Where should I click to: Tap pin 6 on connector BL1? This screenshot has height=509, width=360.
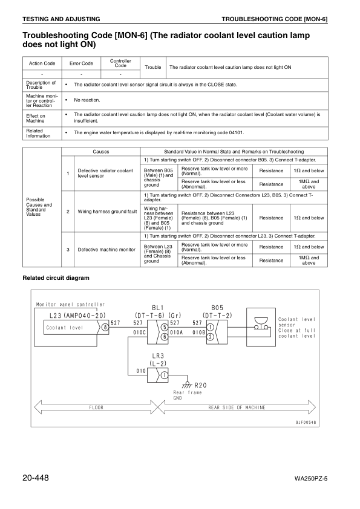[x=164, y=336]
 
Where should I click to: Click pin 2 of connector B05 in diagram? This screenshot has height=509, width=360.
[x=210, y=336]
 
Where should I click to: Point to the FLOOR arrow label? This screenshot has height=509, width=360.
[x=97, y=407]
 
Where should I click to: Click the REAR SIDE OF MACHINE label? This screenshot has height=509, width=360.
[x=237, y=407]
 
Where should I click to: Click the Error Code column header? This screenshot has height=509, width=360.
[x=81, y=63]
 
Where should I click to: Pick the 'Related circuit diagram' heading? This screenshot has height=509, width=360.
[x=56, y=278]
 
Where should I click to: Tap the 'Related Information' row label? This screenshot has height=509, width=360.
[x=35, y=133]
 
